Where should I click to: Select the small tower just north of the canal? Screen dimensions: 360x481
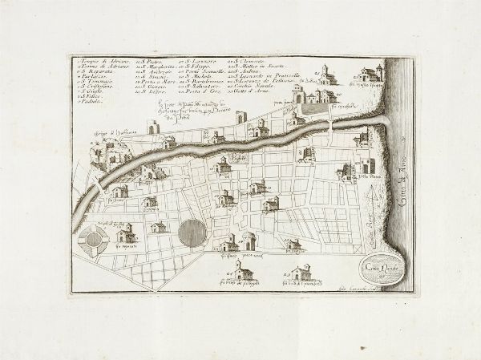tap(241, 117)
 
